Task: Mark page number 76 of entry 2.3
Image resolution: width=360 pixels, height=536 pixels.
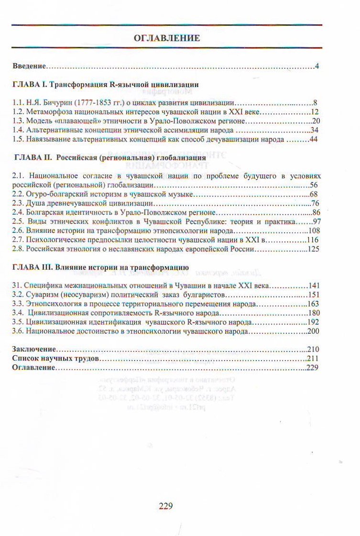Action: click(x=315, y=203)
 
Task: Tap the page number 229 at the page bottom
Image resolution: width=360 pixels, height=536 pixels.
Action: click(x=165, y=505)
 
